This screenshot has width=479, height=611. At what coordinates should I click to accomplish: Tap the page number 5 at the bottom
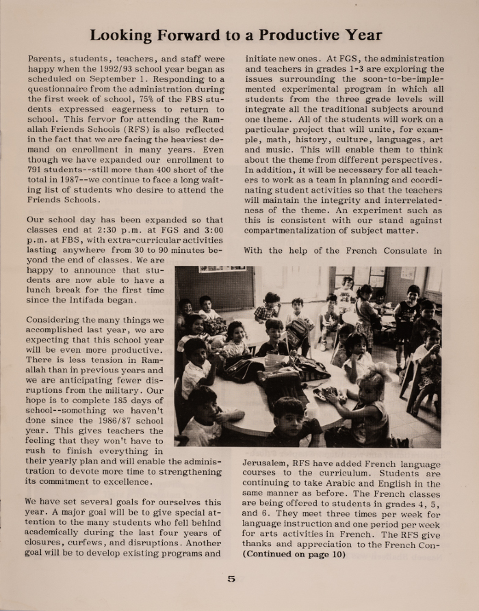[x=231, y=579]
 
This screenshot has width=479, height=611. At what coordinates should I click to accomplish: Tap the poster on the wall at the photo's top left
[x=222, y=270]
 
